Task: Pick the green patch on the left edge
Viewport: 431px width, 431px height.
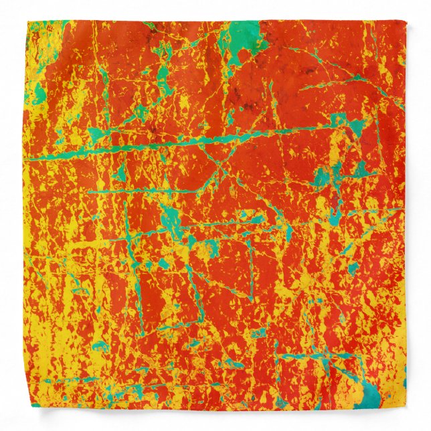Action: [x=39, y=94]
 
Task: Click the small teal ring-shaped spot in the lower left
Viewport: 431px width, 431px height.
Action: [x=100, y=346]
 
